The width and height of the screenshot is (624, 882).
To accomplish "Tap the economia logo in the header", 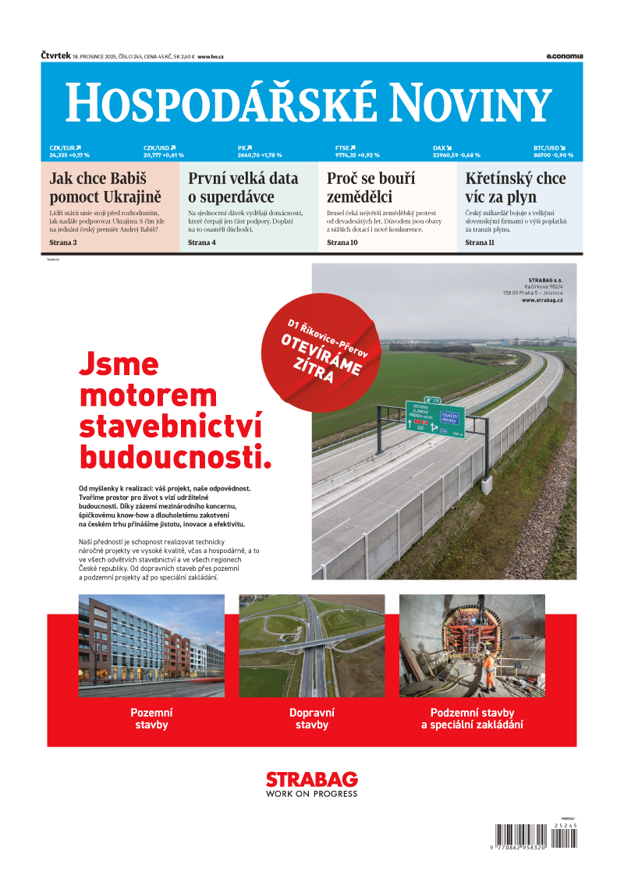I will (x=564, y=56).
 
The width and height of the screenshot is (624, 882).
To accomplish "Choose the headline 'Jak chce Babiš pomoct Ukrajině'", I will (x=105, y=187).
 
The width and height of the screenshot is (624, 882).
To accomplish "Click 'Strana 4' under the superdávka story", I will (x=202, y=243).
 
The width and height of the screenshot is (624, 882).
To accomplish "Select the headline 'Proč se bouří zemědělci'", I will (x=370, y=187).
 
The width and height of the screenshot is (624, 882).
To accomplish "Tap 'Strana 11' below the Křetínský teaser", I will (x=480, y=243).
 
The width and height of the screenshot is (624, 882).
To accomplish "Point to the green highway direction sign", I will (x=434, y=419).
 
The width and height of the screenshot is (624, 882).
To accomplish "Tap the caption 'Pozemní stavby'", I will (x=151, y=718).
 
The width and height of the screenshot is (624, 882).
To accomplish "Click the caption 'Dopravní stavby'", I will (x=312, y=718).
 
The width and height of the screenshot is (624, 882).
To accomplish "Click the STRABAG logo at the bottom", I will (x=312, y=783).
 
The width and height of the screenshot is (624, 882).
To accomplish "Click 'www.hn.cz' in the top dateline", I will (x=211, y=57).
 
